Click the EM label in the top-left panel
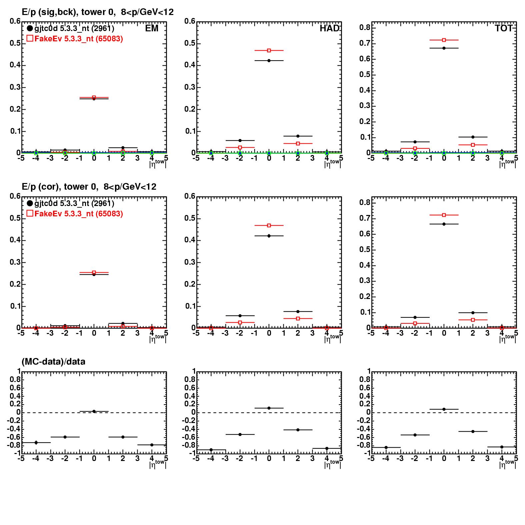tap(152, 28)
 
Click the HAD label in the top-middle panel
tap(329, 28)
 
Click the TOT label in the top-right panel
tap(504, 28)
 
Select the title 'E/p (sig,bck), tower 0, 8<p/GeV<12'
tap(98, 12)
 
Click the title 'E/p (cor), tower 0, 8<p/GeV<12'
tap(89, 187)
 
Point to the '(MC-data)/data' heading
tap(53, 362)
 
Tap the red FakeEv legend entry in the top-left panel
tap(75, 39)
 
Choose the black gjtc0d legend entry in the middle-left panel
tap(70, 203)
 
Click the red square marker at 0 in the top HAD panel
tap(269, 50)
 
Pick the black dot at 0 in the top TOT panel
tap(444, 48)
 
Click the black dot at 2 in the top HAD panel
tap(298, 136)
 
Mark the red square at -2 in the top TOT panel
tap(415, 148)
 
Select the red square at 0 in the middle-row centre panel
tap(269, 225)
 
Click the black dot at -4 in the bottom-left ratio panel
tap(36, 443)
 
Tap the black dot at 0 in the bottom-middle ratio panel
tap(269, 408)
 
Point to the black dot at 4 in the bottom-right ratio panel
tap(502, 447)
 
